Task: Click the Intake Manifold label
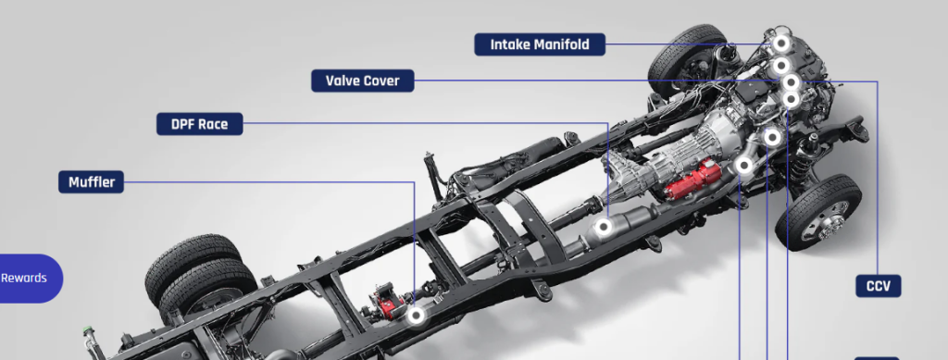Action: (540, 44)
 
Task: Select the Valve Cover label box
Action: (363, 81)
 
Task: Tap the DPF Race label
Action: (200, 124)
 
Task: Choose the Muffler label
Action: (92, 181)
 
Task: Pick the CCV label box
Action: (879, 286)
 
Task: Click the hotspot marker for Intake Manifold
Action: (780, 43)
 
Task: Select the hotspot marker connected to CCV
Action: (791, 82)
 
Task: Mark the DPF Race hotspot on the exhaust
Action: (603, 227)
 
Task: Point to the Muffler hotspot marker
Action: (416, 316)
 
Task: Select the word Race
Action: (215, 124)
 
